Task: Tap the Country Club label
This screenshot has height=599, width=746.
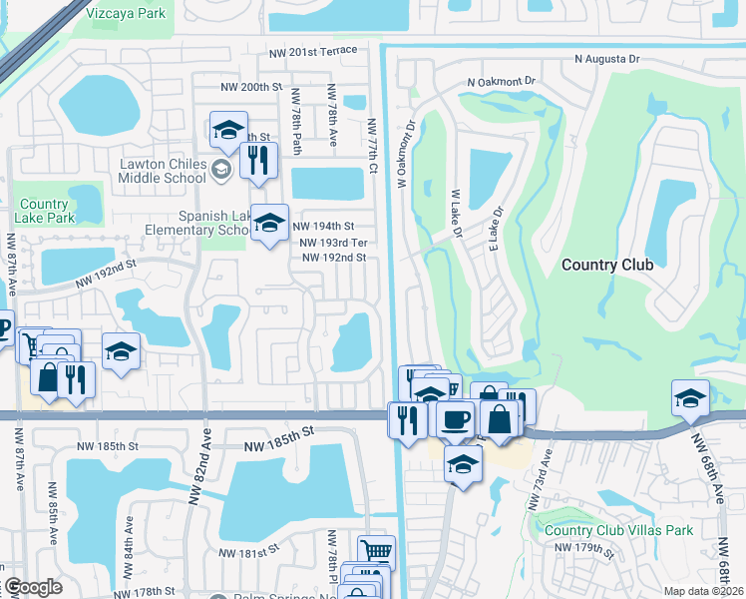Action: pos(606,265)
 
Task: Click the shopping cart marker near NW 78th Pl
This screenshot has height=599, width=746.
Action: pos(376,551)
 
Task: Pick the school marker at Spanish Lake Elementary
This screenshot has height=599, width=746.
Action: pos(268,224)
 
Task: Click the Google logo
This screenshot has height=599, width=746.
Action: pos(32,588)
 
